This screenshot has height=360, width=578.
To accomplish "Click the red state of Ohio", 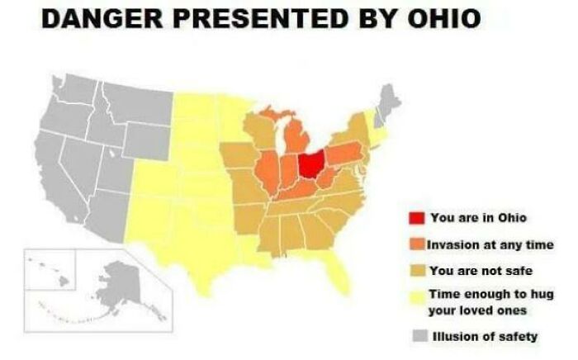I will pyautogui.click(x=311, y=164).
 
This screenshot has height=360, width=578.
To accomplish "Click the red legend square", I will pyautogui.click(x=416, y=218).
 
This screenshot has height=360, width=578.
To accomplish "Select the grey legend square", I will pyautogui.click(x=416, y=336).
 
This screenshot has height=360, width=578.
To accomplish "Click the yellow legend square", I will pyautogui.click(x=416, y=296).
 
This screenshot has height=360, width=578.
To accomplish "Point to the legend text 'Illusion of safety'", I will pyautogui.click(x=486, y=336).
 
